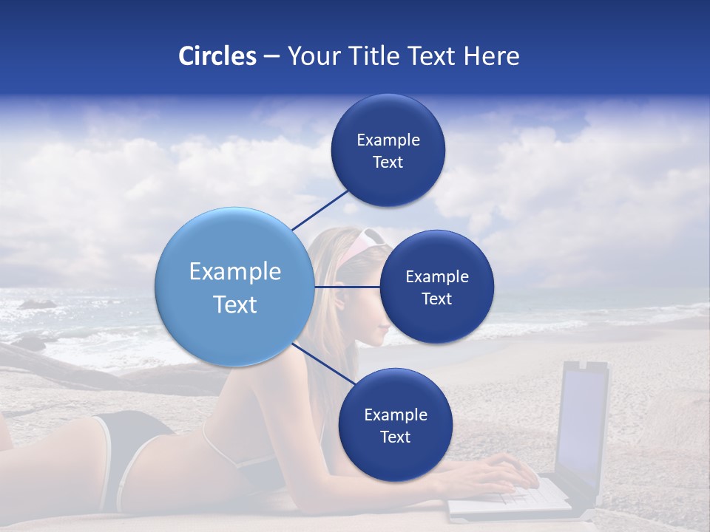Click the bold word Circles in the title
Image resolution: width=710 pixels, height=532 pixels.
pos(217,56)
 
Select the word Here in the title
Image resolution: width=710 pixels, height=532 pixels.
pos(491,56)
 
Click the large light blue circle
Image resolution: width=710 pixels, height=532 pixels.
pos(234,286)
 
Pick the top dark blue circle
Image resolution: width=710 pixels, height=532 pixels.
pos(388,150)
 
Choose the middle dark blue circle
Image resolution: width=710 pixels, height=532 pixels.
pos(436,287)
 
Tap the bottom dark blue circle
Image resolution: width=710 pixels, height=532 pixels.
pos(395,425)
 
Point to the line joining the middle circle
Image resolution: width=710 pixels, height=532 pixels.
pos(346,287)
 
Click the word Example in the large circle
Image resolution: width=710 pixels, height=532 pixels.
pos(235,272)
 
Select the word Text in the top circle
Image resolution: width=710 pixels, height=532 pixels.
pos(388,163)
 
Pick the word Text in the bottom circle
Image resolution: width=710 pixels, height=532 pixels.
pos(395,437)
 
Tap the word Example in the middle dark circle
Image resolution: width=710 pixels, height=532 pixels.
pos(436,277)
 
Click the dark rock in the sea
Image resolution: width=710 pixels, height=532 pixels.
pos(37,304)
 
